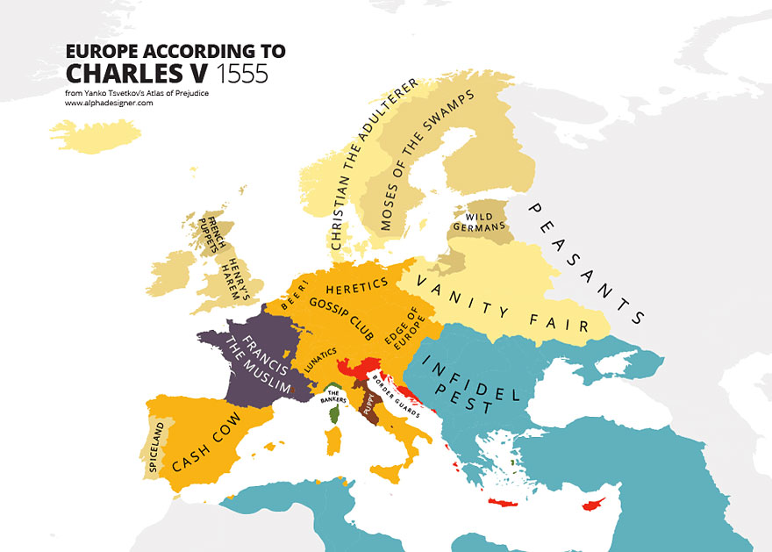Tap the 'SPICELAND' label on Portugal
click(x=156, y=448)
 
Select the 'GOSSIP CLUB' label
click(x=341, y=319)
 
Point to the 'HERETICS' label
click(x=355, y=285)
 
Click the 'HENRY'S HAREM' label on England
click(x=230, y=268)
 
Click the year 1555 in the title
click(x=241, y=73)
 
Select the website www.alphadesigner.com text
click(x=109, y=103)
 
